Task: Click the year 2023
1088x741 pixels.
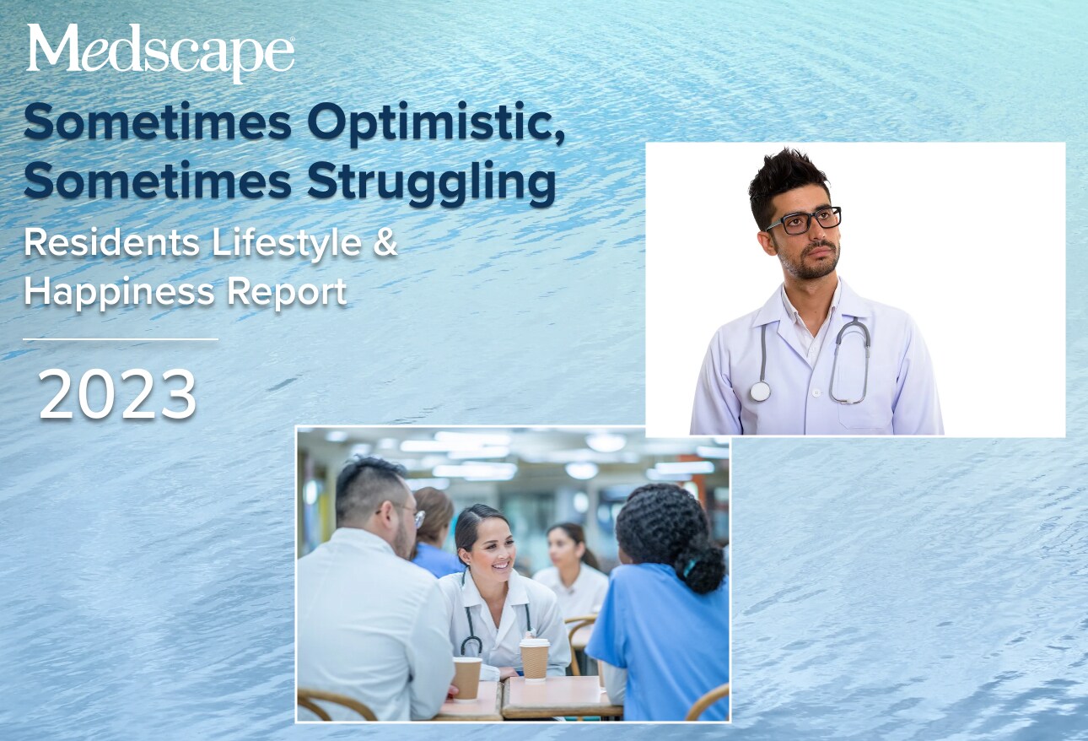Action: tap(117, 394)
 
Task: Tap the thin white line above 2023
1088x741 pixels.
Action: tap(120, 339)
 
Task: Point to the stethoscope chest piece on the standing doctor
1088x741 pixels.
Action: tap(760, 391)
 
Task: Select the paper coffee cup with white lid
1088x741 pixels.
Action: tap(534, 658)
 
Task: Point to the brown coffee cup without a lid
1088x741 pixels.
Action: tap(466, 678)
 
